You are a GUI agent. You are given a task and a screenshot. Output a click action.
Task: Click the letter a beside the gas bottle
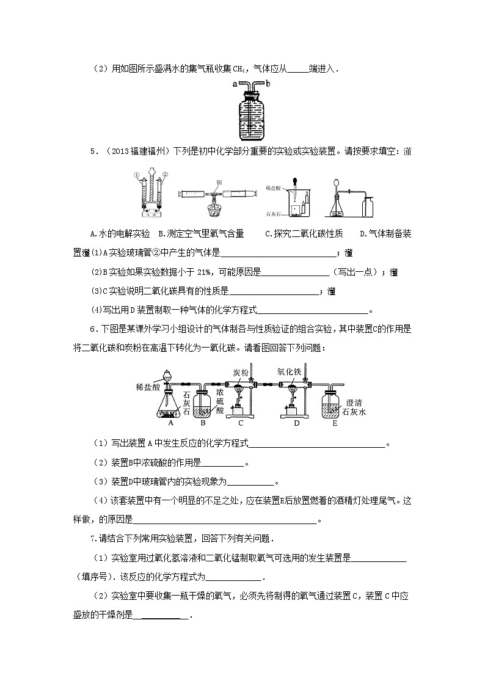tap(234, 84)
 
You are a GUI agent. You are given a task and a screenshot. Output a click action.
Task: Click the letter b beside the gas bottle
tap(266, 84)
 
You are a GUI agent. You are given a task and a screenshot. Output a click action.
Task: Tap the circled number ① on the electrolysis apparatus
tap(137, 175)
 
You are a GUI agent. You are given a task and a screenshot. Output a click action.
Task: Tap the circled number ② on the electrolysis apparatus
tap(164, 175)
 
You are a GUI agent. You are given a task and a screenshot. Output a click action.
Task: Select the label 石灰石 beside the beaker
tap(274, 214)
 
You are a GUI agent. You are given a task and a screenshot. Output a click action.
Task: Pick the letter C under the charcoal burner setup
tap(241, 422)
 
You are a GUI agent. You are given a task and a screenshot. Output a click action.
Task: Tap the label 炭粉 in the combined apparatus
tap(241, 372)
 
